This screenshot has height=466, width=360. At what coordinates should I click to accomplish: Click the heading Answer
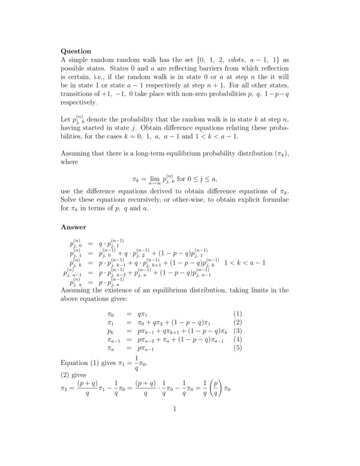pos(74,227)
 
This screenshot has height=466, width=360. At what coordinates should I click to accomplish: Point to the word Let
pos(67,120)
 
